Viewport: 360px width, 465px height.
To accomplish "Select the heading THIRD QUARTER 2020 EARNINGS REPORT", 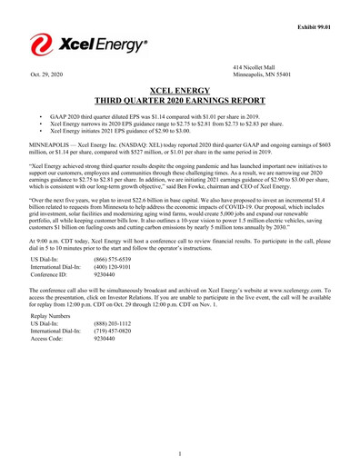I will coord(180,102).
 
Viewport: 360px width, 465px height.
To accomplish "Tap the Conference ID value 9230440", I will coord(107,275).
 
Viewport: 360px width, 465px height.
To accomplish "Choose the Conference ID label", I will coord(51,275).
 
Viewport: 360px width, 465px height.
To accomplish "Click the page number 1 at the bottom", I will coord(180,453).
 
